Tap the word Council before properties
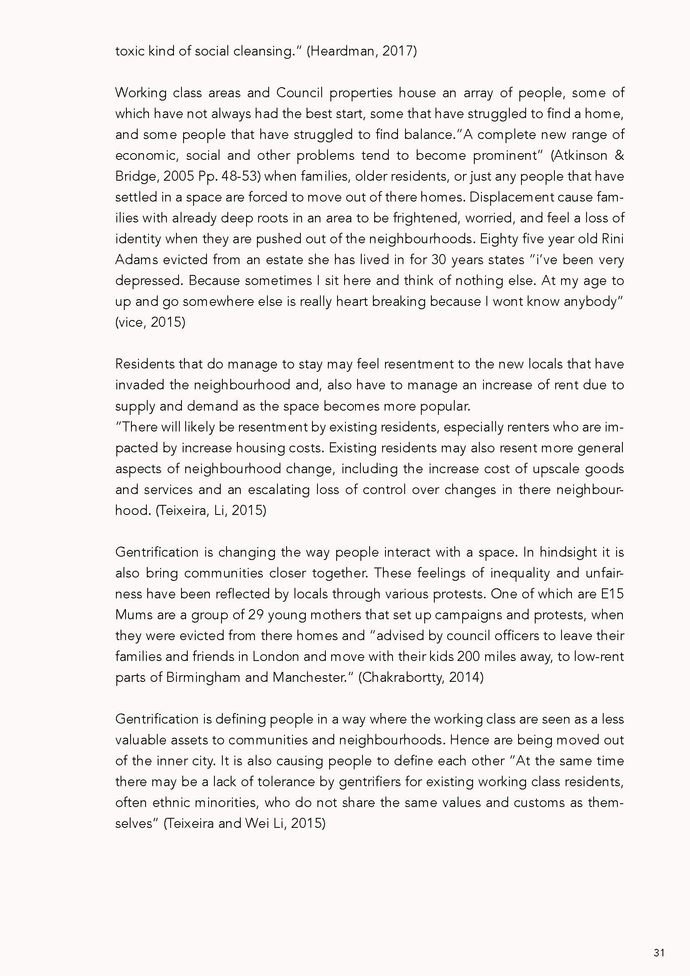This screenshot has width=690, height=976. [x=300, y=93]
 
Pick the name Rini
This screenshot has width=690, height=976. [x=613, y=239]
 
